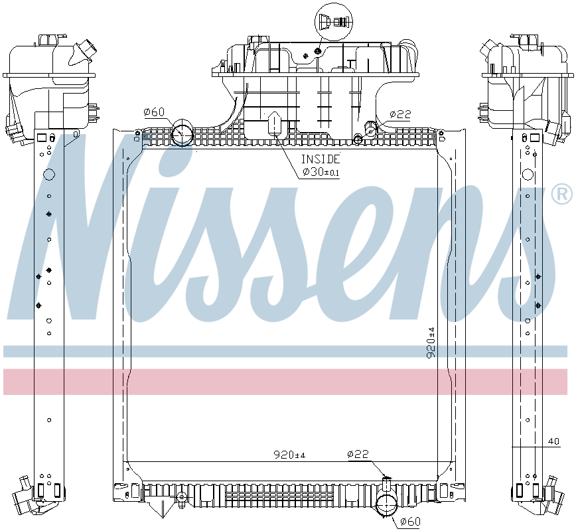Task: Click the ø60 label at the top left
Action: [153, 112]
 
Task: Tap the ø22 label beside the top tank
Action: [400, 114]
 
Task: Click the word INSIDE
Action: [321, 159]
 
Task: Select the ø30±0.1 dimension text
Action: [321, 173]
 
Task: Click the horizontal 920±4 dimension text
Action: [289, 455]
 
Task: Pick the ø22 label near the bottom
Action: [358, 455]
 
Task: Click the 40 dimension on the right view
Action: [553, 441]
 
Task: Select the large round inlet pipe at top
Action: [181, 133]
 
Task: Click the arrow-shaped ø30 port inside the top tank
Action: [275, 123]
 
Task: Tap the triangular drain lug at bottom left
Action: [157, 508]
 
